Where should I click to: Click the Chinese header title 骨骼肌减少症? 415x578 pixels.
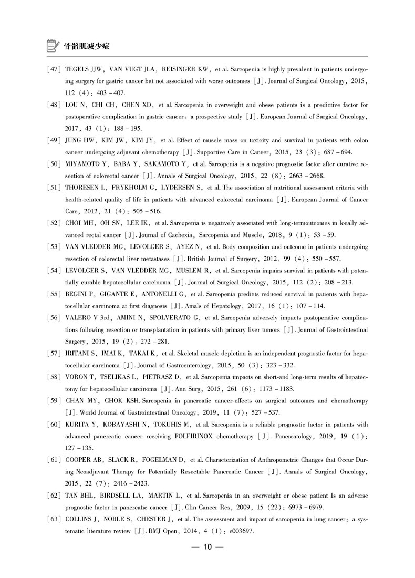pyautogui.click(x=86, y=46)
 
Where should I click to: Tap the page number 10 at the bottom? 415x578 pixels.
pyautogui.click(x=207, y=547)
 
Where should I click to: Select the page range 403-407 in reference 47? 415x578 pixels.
pyautogui.click(x=110, y=93)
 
